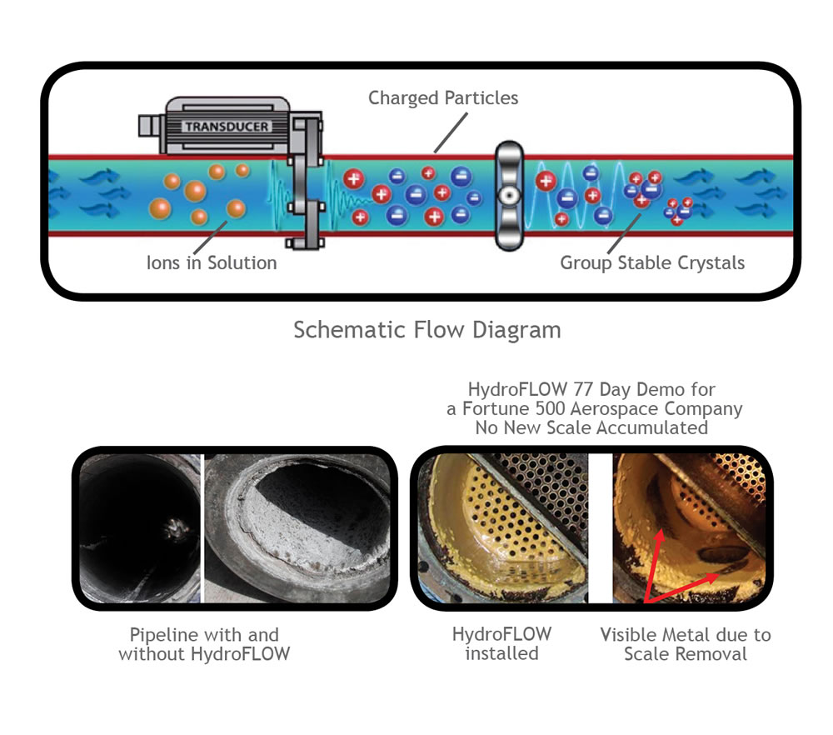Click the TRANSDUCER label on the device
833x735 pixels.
(x=227, y=127)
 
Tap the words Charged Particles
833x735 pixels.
(x=443, y=97)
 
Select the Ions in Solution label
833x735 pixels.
(x=212, y=262)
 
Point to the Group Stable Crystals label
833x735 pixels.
(x=652, y=262)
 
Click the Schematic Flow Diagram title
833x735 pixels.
(x=427, y=329)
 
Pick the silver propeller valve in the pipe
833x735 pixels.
(x=509, y=196)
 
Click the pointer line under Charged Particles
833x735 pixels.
(x=451, y=132)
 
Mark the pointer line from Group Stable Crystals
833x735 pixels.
(x=624, y=234)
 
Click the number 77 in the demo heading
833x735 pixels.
(x=583, y=389)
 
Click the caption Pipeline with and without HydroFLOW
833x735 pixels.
(x=205, y=644)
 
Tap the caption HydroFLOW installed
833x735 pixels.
(x=501, y=643)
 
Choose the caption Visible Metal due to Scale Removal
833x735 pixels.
(x=686, y=644)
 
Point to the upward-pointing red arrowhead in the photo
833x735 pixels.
(x=659, y=537)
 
